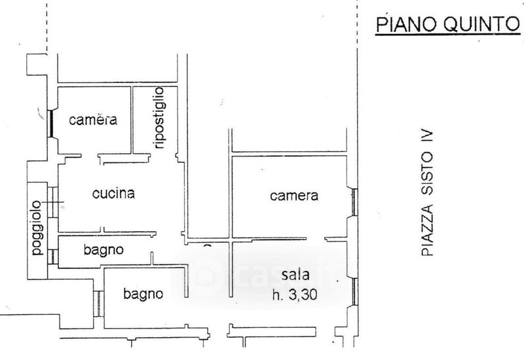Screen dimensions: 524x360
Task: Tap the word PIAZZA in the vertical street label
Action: (x=427, y=230)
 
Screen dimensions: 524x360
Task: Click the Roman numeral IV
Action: (x=427, y=137)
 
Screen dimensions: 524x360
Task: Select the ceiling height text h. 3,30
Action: (x=295, y=295)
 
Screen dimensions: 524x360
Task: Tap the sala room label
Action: (x=295, y=274)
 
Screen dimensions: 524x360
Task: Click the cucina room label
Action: (x=113, y=193)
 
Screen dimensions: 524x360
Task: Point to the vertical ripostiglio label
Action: (x=159, y=118)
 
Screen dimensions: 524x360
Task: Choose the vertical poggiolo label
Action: (x=37, y=228)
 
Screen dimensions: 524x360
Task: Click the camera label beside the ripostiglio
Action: (x=93, y=120)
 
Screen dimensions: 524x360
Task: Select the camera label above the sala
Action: (x=294, y=195)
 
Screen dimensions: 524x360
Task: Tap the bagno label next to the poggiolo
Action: (x=103, y=250)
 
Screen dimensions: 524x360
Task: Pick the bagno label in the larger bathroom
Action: (x=143, y=294)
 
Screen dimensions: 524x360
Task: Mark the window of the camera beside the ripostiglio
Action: (x=50, y=124)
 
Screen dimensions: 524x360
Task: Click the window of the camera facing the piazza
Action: (x=354, y=202)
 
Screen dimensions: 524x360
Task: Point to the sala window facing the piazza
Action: (x=354, y=291)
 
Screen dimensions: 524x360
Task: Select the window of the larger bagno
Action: (x=98, y=304)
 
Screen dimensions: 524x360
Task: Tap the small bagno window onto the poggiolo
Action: (x=53, y=257)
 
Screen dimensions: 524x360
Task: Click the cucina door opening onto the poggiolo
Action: (x=53, y=202)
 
